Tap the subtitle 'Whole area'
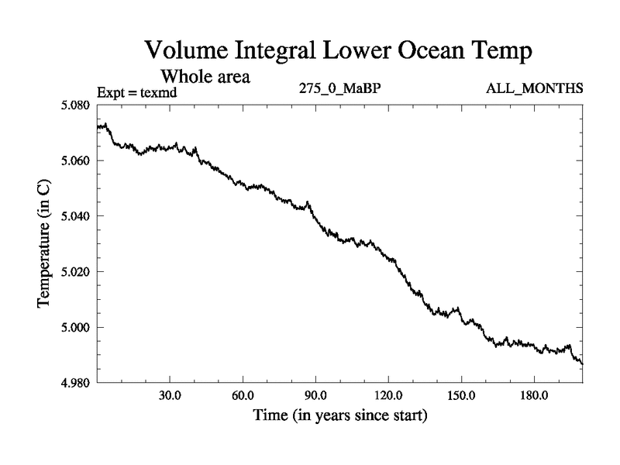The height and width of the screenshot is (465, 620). tap(205, 77)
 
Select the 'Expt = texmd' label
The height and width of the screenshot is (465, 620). tap(138, 92)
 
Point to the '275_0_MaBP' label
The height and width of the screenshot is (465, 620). tap(339, 88)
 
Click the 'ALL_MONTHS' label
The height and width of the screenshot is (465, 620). tap(534, 88)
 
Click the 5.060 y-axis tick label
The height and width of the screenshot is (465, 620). tap(77, 160)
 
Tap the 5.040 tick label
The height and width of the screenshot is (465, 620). tap(77, 216)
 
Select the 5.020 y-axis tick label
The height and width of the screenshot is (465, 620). tap(77, 272)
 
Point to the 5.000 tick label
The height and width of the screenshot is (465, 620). tap(77, 328)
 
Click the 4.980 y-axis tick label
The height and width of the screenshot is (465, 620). tap(77, 383)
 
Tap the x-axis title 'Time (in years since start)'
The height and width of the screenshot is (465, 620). tap(339, 416)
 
